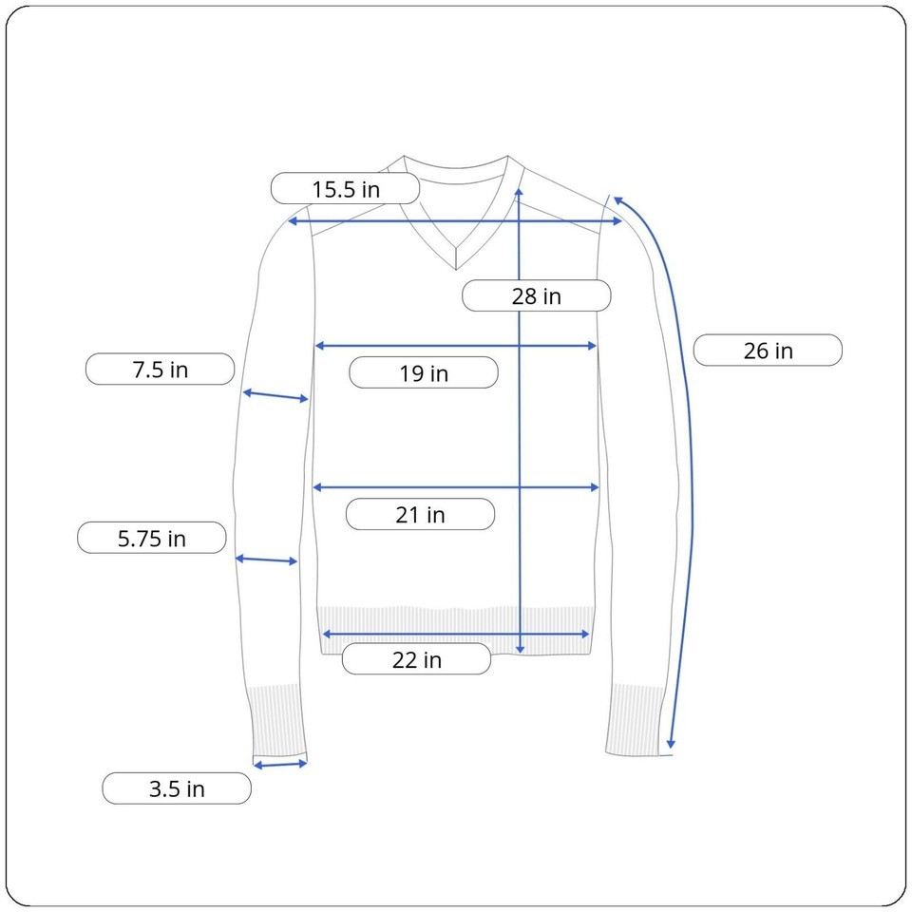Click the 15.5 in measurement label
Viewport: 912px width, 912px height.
pyautogui.click(x=346, y=189)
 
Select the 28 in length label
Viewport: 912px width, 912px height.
pyautogui.click(x=536, y=296)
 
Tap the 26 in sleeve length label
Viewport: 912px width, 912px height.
pyautogui.click(x=768, y=351)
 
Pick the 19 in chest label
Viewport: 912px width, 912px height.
pyautogui.click(x=424, y=372)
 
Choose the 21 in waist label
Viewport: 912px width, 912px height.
pyautogui.click(x=420, y=515)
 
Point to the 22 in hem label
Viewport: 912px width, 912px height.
pyautogui.click(x=416, y=659)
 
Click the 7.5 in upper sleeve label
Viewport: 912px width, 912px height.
pyautogui.click(x=160, y=370)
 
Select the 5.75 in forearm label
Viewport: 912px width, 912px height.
pyautogui.click(x=152, y=538)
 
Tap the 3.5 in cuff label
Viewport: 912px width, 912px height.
pyautogui.click(x=177, y=788)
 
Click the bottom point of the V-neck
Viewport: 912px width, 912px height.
pyautogui.click(x=456, y=269)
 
